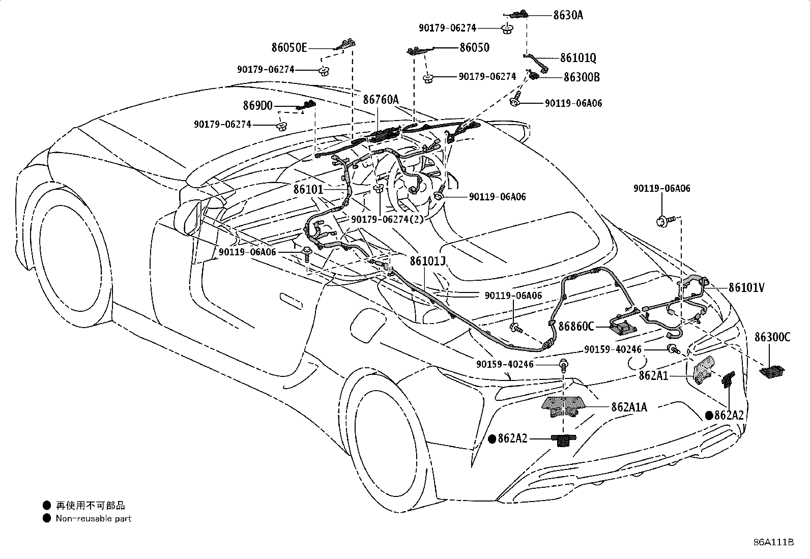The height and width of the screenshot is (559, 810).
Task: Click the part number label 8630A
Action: [568, 15]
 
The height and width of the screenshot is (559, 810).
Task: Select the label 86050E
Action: [289, 47]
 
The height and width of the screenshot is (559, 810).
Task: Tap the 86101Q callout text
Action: [578, 57]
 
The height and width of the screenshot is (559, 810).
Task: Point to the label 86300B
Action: [582, 77]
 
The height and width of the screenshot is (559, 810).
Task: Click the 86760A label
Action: [381, 99]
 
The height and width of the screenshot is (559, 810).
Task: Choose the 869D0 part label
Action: [257, 106]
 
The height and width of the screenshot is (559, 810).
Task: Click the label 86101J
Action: [427, 261]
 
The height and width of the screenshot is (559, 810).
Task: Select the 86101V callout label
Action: [746, 287]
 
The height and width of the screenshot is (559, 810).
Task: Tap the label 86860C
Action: [576, 327]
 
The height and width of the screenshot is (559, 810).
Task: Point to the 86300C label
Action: [772, 337]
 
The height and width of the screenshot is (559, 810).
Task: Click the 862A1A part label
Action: [629, 407]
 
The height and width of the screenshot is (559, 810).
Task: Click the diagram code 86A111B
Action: [773, 542]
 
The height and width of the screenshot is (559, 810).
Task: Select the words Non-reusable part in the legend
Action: [93, 518]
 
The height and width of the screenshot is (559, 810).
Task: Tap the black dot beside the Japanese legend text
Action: [47, 505]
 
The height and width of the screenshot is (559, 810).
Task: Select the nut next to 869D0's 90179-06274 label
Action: [281, 126]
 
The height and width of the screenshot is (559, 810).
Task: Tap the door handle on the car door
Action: [291, 301]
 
